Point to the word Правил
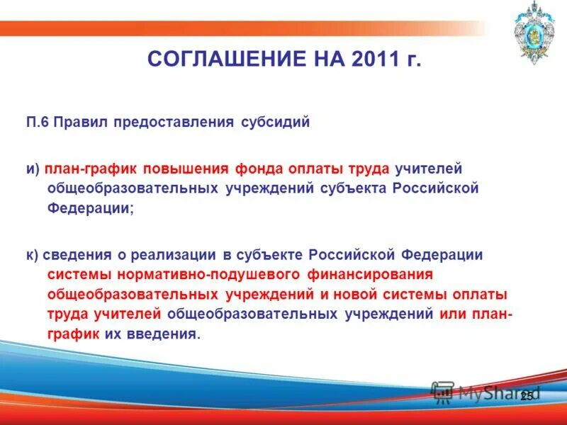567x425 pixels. [81, 122]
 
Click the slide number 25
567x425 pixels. [526, 396]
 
